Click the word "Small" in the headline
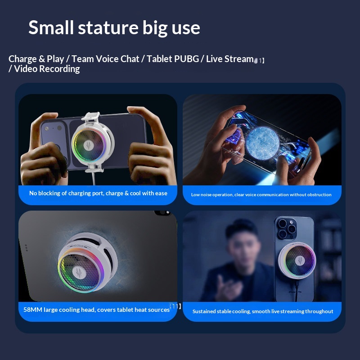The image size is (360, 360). [x=51, y=27]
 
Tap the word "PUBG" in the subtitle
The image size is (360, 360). [x=186, y=59]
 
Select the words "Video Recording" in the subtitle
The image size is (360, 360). [x=47, y=69]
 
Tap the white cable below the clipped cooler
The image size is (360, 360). [x=94, y=178]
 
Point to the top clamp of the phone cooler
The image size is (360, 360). [x=91, y=117]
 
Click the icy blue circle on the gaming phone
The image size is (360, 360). [x=263, y=143]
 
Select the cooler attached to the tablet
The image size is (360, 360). [x=88, y=262]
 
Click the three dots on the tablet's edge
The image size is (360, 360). [x=26, y=248]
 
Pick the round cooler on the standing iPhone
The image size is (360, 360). [x=297, y=261]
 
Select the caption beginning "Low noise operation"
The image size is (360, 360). [x=261, y=195]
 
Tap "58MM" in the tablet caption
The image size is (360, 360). [x=33, y=310]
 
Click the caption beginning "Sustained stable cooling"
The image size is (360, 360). [x=263, y=311]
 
